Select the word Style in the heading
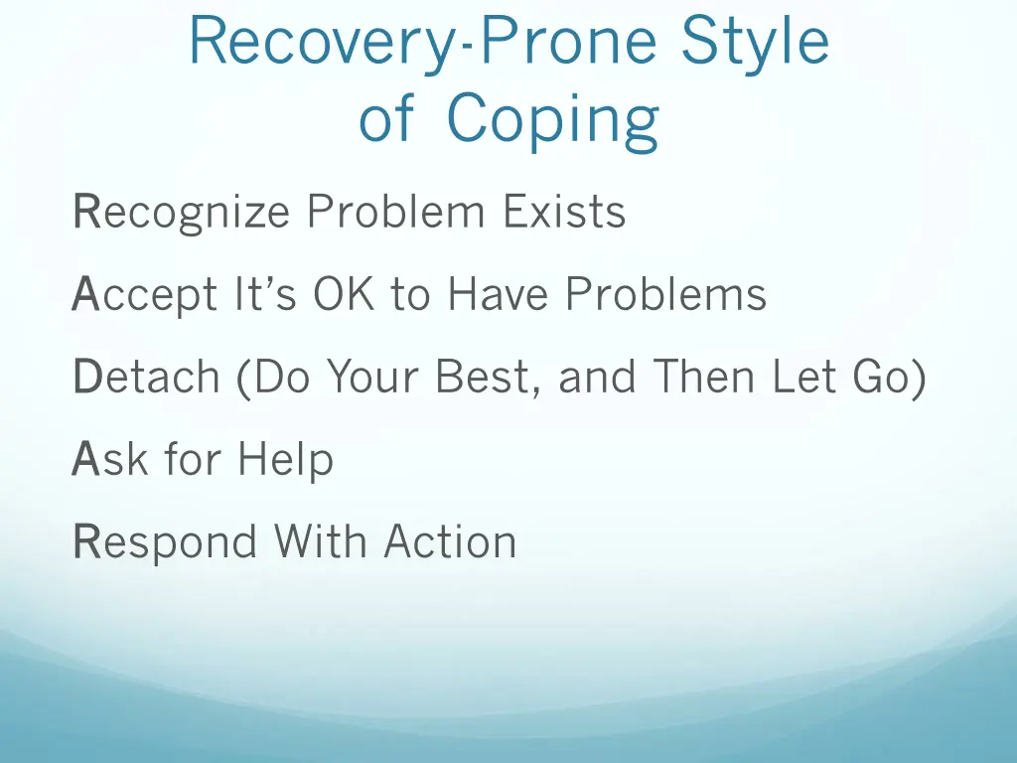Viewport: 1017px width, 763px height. coord(756,45)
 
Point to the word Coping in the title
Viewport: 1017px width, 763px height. coord(552,122)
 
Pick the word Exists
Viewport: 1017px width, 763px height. coord(563,212)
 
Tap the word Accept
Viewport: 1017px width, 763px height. coord(144,296)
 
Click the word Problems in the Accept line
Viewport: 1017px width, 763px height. coord(665,294)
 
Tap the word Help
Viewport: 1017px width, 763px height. coord(284,461)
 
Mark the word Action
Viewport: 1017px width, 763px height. coord(450,542)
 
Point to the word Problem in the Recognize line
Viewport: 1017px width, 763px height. coord(397,212)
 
